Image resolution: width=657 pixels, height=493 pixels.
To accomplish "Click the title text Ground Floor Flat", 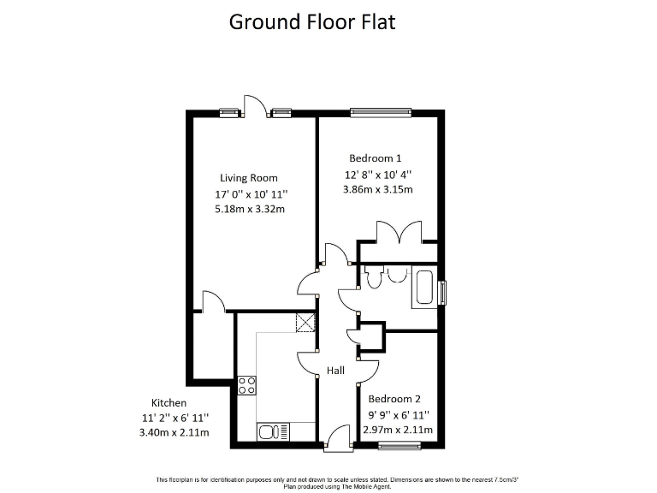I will [x=312, y=21].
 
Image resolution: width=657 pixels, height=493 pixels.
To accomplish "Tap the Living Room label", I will [x=249, y=178].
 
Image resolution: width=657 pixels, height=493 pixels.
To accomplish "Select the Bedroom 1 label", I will [x=375, y=158].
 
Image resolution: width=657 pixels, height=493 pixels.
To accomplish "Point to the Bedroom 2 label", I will [x=394, y=399].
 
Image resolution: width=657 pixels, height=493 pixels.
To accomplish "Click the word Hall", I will [x=335, y=371].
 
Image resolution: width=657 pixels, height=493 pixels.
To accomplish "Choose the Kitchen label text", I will [x=169, y=402].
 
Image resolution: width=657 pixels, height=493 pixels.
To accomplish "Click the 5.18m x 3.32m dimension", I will [x=249, y=208].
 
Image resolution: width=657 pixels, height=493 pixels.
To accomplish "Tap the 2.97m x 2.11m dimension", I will [x=400, y=430].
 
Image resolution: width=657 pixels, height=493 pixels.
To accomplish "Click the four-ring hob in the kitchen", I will [x=247, y=385].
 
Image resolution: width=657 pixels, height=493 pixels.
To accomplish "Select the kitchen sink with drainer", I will [x=274, y=430].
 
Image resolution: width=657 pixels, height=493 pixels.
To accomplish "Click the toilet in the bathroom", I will [x=373, y=276].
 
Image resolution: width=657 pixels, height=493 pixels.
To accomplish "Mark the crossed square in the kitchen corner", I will [x=305, y=322].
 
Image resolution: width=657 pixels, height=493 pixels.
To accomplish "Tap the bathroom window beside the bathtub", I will [x=442, y=293].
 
